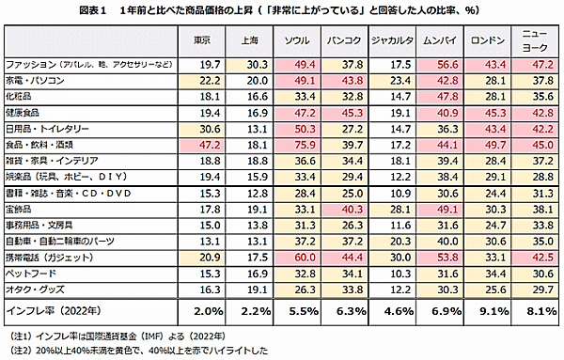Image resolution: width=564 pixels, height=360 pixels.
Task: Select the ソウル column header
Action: (303, 40)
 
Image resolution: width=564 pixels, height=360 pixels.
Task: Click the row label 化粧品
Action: (21, 96)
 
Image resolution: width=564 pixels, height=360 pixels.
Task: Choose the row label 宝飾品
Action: (21, 208)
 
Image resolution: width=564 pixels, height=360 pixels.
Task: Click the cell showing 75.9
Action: (305, 145)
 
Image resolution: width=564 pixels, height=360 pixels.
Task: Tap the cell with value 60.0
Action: (305, 257)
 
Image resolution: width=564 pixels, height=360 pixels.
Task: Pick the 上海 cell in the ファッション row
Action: (255, 64)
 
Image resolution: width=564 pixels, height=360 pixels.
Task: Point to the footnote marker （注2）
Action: (20, 349)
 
